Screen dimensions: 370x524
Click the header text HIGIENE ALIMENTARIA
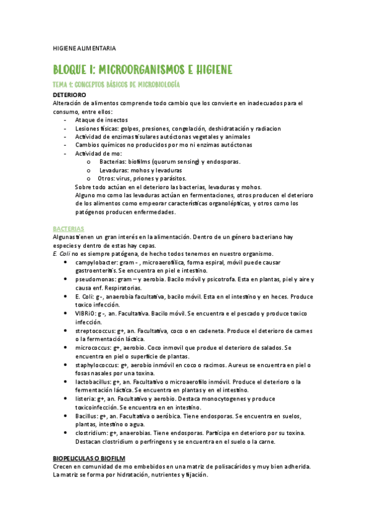(84, 48)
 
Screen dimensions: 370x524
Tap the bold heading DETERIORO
(73, 95)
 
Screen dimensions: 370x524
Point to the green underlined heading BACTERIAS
(69, 228)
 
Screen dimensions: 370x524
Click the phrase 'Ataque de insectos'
(101, 120)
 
